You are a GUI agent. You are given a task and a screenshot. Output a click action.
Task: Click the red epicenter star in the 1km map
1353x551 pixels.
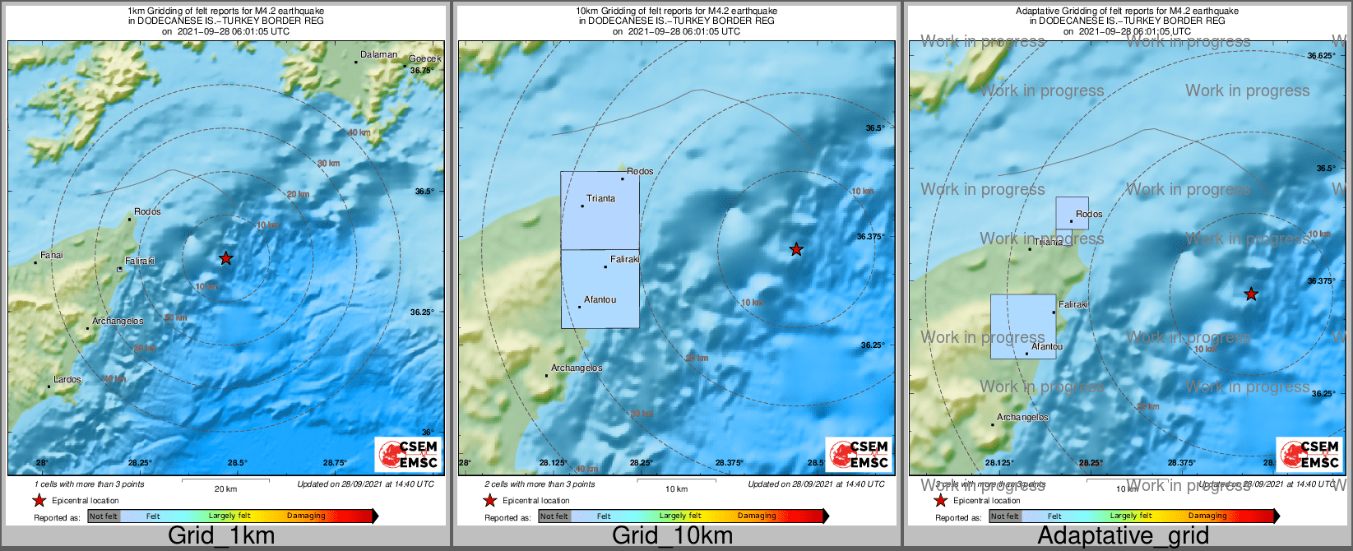click(x=225, y=258)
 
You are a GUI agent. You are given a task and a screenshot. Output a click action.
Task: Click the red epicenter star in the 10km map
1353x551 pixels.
click(x=796, y=249)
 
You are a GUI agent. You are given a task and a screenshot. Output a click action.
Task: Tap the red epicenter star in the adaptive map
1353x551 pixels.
click(x=1251, y=294)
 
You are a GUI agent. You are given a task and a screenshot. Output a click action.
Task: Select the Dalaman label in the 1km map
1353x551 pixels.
click(x=379, y=55)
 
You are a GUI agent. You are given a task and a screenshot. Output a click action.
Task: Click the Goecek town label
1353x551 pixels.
click(x=425, y=58)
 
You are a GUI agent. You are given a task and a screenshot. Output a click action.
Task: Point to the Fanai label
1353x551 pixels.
click(x=52, y=256)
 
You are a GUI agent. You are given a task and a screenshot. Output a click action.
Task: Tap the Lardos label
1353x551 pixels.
click(x=67, y=380)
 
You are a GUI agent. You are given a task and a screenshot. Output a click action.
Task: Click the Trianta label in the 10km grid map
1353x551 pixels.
click(x=601, y=198)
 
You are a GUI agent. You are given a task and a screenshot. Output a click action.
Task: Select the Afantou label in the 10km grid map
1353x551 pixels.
click(x=600, y=300)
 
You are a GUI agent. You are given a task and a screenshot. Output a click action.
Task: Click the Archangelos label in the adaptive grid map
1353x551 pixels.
click(x=1022, y=418)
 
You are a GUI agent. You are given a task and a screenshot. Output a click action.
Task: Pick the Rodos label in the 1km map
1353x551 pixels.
click(x=148, y=212)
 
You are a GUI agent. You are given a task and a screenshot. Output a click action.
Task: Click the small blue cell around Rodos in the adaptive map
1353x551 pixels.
click(x=1072, y=213)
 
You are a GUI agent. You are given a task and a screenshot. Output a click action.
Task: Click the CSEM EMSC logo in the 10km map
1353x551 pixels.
click(x=859, y=455)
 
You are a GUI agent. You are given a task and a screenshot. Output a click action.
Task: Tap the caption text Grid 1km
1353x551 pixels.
click(x=221, y=536)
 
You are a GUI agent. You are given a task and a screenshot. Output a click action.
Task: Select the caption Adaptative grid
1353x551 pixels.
click(x=1123, y=536)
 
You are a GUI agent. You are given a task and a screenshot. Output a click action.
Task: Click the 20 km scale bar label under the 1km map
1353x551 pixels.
click(x=225, y=489)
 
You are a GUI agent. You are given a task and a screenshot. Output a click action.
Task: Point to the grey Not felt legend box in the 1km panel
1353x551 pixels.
click(x=104, y=516)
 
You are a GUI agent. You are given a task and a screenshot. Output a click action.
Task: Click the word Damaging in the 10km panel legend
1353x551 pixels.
click(x=757, y=516)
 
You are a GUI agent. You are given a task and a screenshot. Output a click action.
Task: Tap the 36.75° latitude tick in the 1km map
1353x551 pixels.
click(x=422, y=71)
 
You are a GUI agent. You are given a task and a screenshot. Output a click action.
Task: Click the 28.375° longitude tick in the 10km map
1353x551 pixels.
click(x=729, y=463)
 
